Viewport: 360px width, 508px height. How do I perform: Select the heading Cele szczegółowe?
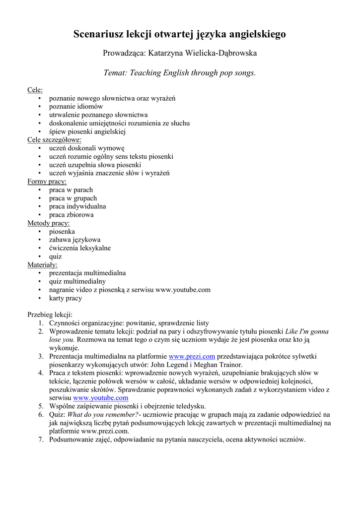[x=54, y=140]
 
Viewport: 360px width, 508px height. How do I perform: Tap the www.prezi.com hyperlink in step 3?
[x=192, y=356]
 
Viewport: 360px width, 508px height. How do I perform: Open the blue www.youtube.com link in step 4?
[x=100, y=398]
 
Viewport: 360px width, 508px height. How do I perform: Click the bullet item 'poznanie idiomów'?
[x=76, y=107]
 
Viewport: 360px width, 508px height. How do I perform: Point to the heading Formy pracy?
[x=47, y=182]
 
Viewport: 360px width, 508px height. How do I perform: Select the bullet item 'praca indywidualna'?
[x=77, y=206]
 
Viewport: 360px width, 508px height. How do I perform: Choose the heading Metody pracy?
[x=48, y=223]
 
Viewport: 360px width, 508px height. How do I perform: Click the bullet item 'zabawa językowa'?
[x=74, y=240]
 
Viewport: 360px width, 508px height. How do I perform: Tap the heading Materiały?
[x=42, y=265]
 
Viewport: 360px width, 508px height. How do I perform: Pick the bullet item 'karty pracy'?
[x=66, y=298]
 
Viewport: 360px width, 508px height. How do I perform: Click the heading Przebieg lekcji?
[x=50, y=315]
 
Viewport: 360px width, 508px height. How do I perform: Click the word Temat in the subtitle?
[x=115, y=72]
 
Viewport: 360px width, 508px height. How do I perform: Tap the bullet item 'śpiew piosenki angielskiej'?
[x=87, y=131]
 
